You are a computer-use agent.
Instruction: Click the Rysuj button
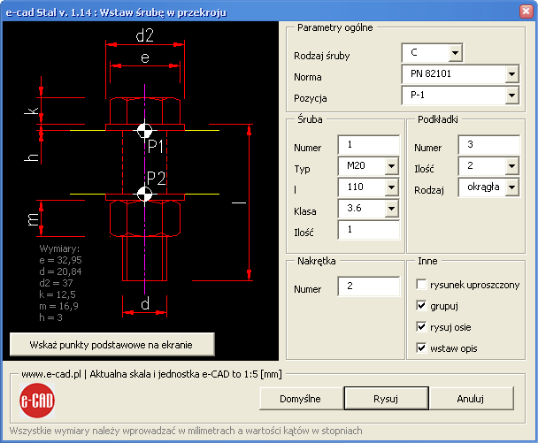click(x=386, y=399)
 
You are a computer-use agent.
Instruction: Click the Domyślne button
click(x=300, y=399)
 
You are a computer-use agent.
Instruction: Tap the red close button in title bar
click(x=526, y=11)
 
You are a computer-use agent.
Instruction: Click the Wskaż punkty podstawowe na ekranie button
click(x=111, y=344)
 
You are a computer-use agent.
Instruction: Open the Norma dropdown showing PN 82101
click(x=460, y=74)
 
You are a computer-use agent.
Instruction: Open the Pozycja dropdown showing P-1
click(x=460, y=95)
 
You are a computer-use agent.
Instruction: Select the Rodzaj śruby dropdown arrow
click(x=455, y=53)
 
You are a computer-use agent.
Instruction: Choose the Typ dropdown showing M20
click(x=368, y=166)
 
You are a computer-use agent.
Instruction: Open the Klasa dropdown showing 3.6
click(x=368, y=208)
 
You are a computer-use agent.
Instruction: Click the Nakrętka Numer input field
click(x=368, y=286)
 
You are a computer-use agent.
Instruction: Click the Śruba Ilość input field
click(x=368, y=229)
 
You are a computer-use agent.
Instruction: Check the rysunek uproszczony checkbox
click(x=421, y=284)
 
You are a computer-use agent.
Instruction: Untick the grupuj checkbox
click(x=421, y=306)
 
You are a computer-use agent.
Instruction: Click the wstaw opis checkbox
click(x=421, y=348)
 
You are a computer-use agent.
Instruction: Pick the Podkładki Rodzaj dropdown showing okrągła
click(x=488, y=187)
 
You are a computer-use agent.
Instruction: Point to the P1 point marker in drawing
click(x=145, y=130)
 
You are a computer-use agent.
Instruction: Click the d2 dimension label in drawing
click(x=145, y=35)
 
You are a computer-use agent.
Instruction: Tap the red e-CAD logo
click(x=37, y=401)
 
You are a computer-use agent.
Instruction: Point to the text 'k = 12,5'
click(x=58, y=294)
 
